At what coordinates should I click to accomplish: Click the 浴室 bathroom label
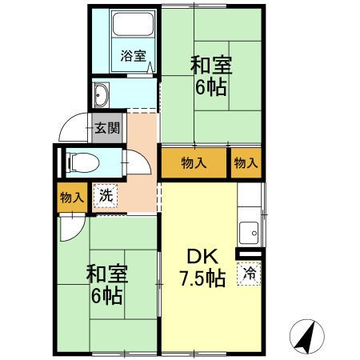(x=133, y=56)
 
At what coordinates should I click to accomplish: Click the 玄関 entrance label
(x=107, y=127)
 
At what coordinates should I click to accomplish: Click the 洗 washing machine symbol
(x=106, y=194)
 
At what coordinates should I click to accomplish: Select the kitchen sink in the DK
(x=250, y=231)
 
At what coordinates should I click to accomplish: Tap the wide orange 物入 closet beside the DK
(x=194, y=163)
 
